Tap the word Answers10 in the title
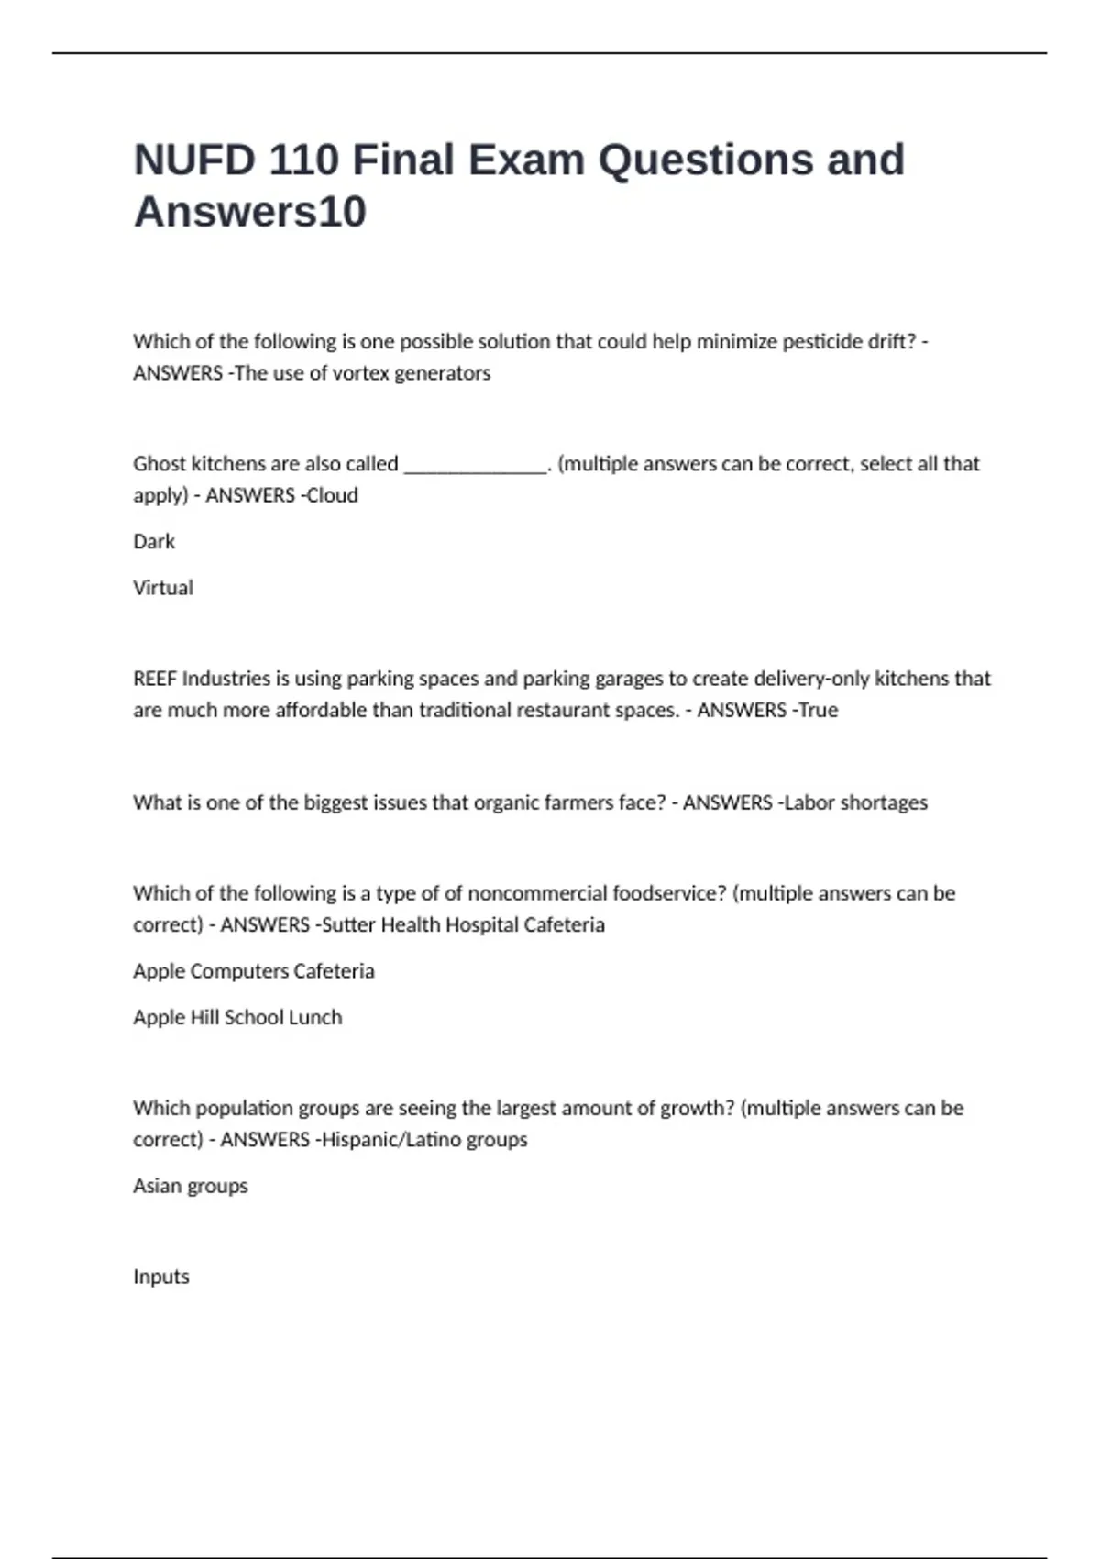(249, 212)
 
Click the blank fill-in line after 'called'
(475, 465)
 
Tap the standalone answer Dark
(154, 542)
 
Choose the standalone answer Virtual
(163, 588)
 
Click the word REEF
(154, 679)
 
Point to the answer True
(818, 710)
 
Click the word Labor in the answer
(808, 802)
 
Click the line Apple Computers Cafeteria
(254, 971)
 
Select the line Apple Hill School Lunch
(237, 1017)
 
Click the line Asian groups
(191, 1186)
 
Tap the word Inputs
(161, 1277)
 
